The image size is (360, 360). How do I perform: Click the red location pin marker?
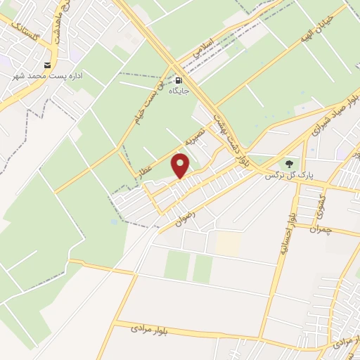(x=181, y=167)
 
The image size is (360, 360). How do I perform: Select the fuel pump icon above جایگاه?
(x=177, y=81)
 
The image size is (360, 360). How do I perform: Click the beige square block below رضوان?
(x=227, y=243)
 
